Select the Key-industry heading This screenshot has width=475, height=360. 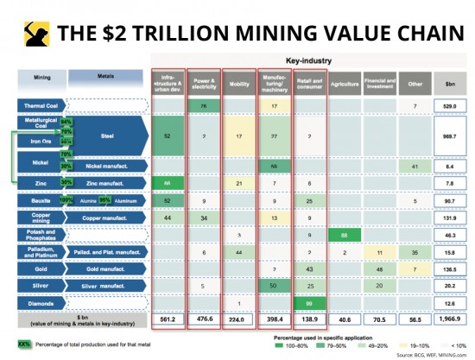point(308,62)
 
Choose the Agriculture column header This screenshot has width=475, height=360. point(344,83)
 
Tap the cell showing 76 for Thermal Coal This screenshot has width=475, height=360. point(201,106)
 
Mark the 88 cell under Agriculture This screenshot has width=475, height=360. point(344,234)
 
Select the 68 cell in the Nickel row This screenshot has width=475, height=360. point(273,164)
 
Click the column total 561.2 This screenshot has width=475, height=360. point(166,319)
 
